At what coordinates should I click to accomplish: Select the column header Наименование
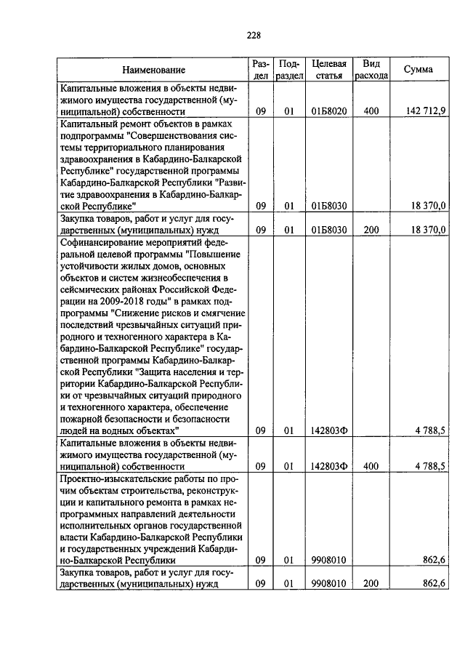153,70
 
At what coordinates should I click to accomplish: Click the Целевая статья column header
328,70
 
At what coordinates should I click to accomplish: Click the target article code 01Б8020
328,111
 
